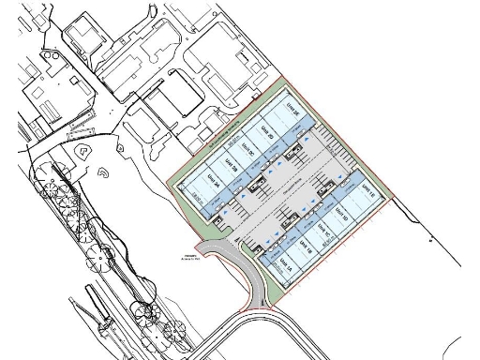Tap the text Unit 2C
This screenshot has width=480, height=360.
click(247, 150)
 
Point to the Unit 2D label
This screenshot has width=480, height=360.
click(265, 133)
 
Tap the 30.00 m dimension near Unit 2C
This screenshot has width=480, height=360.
click(232, 143)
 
